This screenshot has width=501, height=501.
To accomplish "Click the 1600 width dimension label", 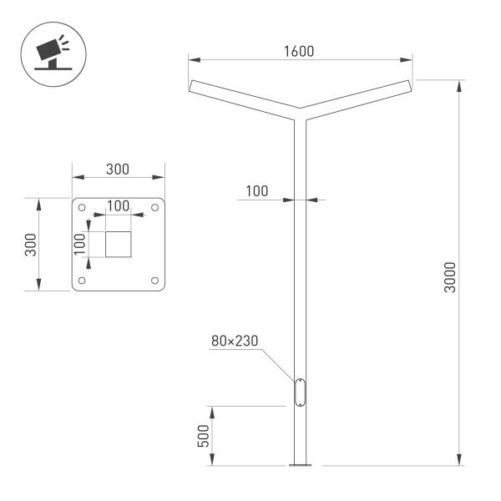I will (298, 51).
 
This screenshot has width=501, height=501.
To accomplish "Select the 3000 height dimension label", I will (451, 276).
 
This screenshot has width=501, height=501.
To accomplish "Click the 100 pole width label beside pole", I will (256, 191).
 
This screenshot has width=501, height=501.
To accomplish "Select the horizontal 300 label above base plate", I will (118, 169).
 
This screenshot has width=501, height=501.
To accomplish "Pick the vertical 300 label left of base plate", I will (30, 245).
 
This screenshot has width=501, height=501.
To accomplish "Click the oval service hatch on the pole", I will (300, 392).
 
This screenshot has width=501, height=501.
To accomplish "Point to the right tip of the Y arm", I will (409, 85).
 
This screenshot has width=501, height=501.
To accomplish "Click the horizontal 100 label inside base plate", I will (118, 205).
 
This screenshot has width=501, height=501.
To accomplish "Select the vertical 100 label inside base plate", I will (80, 243).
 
